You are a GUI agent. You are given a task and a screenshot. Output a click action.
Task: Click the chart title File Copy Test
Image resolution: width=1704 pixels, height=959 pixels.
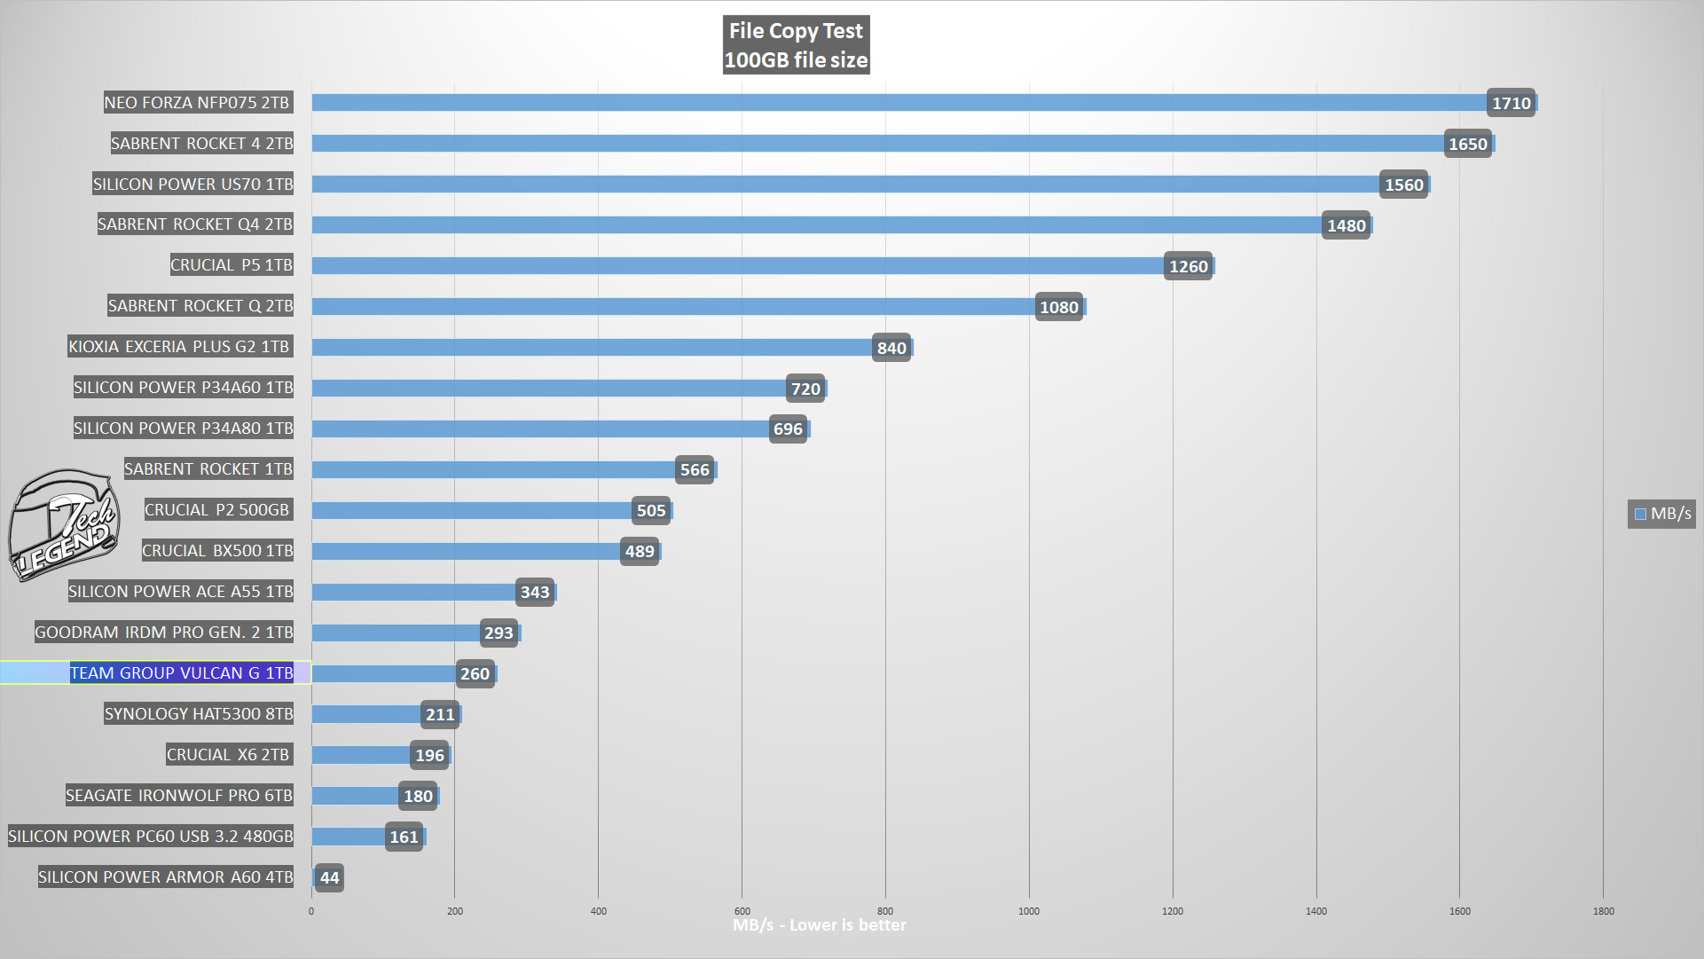[795, 32]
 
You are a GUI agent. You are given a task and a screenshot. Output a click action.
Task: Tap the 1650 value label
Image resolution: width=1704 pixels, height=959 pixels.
[1467, 144]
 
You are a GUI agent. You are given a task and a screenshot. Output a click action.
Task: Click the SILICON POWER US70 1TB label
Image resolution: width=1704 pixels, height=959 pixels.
[192, 185]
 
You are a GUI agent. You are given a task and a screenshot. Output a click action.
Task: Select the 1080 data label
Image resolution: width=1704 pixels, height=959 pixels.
[1058, 307]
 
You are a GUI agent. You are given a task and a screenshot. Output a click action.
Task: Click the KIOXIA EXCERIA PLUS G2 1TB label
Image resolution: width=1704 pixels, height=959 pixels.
[179, 347]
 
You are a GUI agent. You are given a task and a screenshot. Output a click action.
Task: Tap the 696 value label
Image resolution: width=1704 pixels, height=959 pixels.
[788, 429]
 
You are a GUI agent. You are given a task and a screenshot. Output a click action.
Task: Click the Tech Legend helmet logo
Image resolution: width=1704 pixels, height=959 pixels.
[64, 525]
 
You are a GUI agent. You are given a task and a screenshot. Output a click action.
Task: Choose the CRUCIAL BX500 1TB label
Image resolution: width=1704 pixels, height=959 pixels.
[217, 551]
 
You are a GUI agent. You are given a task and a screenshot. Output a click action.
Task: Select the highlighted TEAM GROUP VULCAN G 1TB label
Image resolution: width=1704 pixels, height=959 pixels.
[181, 673]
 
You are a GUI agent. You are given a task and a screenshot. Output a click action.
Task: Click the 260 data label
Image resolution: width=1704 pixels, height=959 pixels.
[475, 674]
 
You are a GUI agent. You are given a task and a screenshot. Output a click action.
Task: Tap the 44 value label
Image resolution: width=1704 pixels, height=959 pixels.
[329, 878]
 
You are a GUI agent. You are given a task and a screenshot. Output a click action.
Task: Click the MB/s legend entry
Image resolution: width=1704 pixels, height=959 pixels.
[1662, 514]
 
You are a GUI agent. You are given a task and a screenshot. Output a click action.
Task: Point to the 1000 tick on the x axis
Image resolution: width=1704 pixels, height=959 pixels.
[1029, 911]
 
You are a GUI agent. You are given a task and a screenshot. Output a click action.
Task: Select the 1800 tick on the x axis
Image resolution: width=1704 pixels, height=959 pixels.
[1603, 911]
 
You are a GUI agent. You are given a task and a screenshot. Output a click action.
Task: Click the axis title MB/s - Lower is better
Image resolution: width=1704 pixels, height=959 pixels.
[819, 925]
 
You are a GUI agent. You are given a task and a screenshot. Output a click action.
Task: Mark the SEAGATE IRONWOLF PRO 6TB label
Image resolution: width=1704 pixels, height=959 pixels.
[179, 796]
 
